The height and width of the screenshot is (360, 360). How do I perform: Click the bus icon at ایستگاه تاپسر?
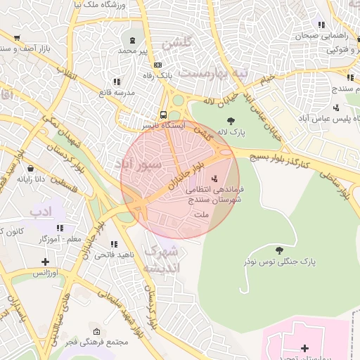(163, 115)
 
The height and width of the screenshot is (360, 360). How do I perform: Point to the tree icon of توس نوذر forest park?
(279, 250)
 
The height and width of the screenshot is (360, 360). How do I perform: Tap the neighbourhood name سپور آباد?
(139, 164)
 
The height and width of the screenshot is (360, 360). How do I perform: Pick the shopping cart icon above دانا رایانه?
(31, 168)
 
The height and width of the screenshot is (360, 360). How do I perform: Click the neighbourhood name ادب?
(41, 211)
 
